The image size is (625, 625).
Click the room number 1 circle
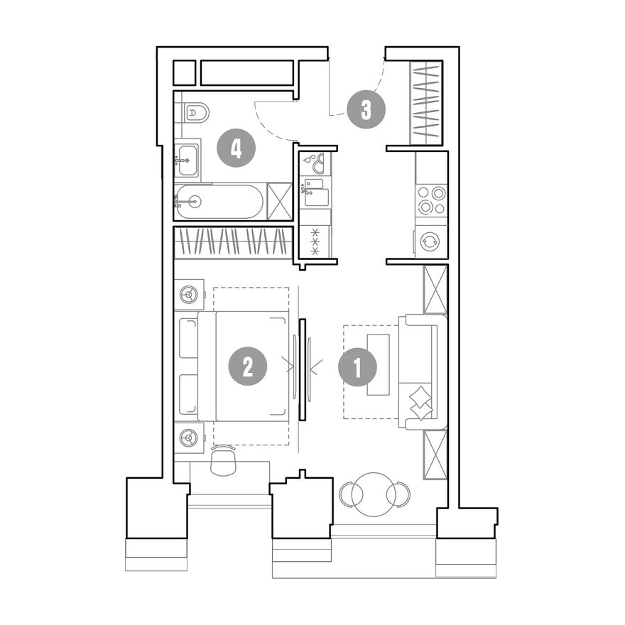click(x=357, y=367)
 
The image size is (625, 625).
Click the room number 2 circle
click(x=248, y=366)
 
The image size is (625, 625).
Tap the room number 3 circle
click(x=366, y=109)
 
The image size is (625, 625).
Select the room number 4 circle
click(x=236, y=148)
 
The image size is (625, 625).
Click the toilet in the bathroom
click(x=197, y=113)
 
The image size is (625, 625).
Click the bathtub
click(x=219, y=202)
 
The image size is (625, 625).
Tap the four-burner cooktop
click(x=431, y=200)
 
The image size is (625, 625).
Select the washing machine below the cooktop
click(x=430, y=241)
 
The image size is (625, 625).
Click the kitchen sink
click(x=316, y=192)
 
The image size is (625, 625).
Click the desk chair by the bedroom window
click(x=224, y=461)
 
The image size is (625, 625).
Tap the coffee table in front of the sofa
click(x=379, y=365)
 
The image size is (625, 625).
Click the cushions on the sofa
click(x=420, y=403)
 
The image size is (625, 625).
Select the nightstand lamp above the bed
click(x=189, y=295)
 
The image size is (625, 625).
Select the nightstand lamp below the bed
click(x=189, y=438)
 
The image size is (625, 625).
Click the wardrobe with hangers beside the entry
click(x=427, y=102)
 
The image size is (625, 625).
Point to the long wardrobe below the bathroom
click(x=234, y=243)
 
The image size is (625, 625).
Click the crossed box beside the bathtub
click(x=280, y=201)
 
